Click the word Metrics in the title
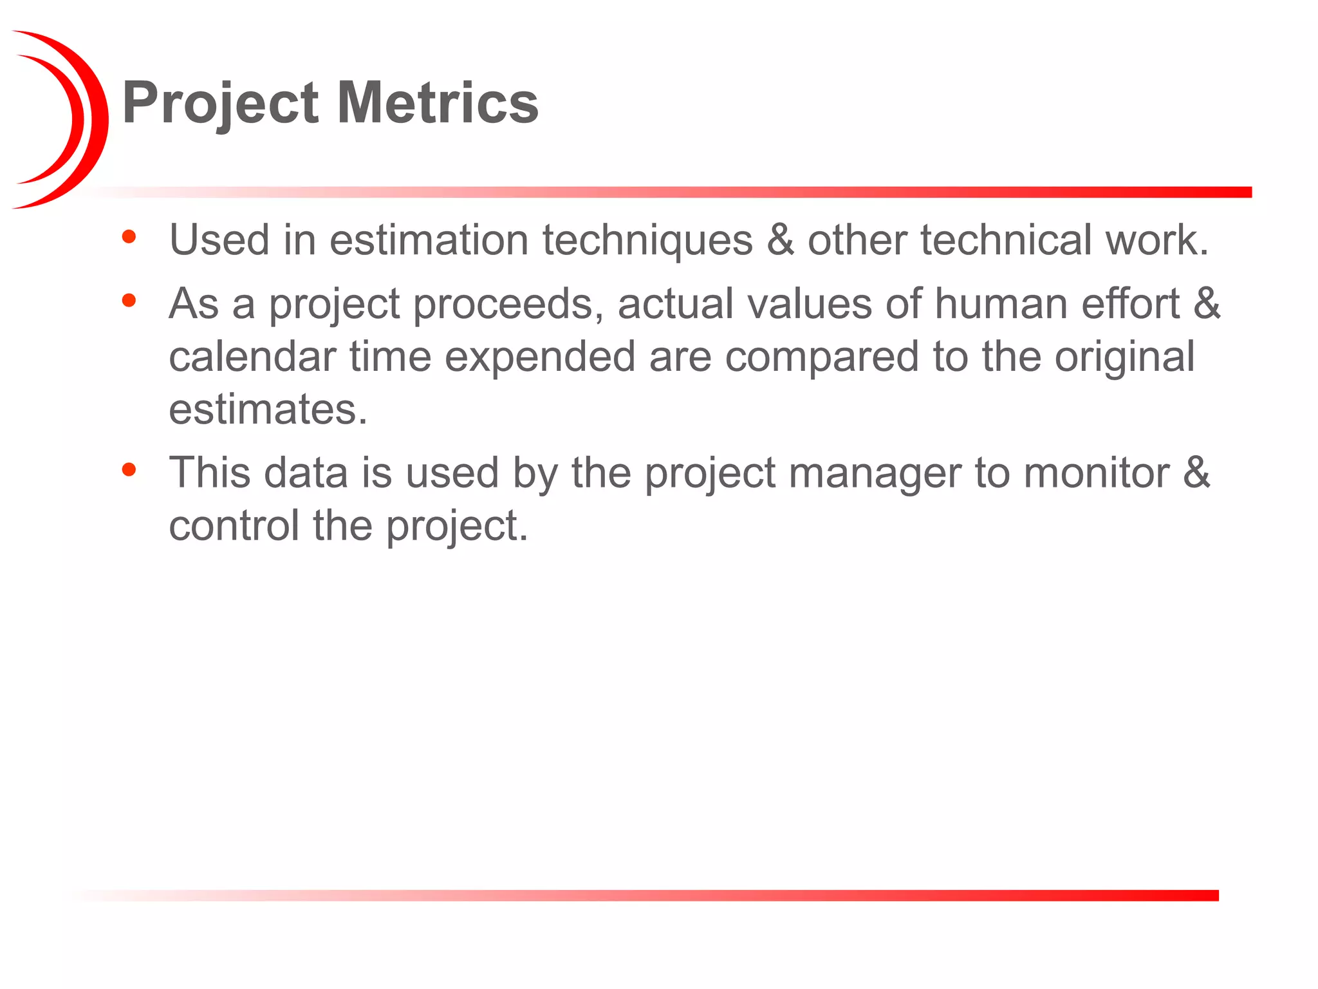coord(438,103)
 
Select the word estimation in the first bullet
coord(429,240)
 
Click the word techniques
coord(647,240)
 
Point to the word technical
coord(1006,240)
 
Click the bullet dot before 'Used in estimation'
coord(129,236)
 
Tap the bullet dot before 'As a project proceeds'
coord(129,299)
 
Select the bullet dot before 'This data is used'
coord(129,469)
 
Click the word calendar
coord(252,357)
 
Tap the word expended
coord(540,357)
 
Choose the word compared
coord(822,357)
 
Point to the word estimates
coord(268,410)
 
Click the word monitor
coord(1097,473)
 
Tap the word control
coord(234,525)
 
